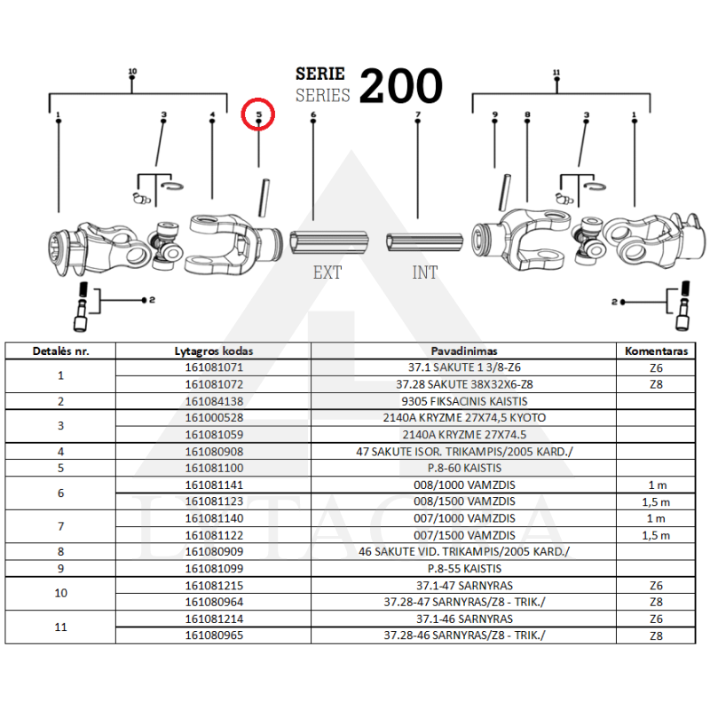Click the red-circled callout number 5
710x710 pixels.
pyautogui.click(x=259, y=115)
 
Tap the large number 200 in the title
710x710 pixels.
pyautogui.click(x=400, y=86)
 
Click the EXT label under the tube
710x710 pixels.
pyautogui.click(x=327, y=272)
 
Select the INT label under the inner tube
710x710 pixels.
pyautogui.click(x=425, y=272)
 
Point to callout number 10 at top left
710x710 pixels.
pyautogui.click(x=132, y=71)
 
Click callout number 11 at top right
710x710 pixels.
pyautogui.click(x=556, y=71)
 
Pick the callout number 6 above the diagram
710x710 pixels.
pyautogui.click(x=313, y=115)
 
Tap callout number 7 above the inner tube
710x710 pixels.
pyautogui.click(x=417, y=115)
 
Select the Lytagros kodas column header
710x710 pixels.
pyautogui.click(x=213, y=351)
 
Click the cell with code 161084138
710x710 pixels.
pyautogui.click(x=213, y=401)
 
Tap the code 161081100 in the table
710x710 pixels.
pyautogui.click(x=213, y=468)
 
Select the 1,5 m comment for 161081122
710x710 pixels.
pyautogui.click(x=656, y=535)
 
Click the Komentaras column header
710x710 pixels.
pyautogui.click(x=656, y=351)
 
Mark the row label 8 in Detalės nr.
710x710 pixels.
pyautogui.click(x=60, y=552)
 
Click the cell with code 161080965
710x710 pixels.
pyautogui.click(x=213, y=635)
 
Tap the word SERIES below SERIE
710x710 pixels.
pyautogui.click(x=322, y=95)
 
